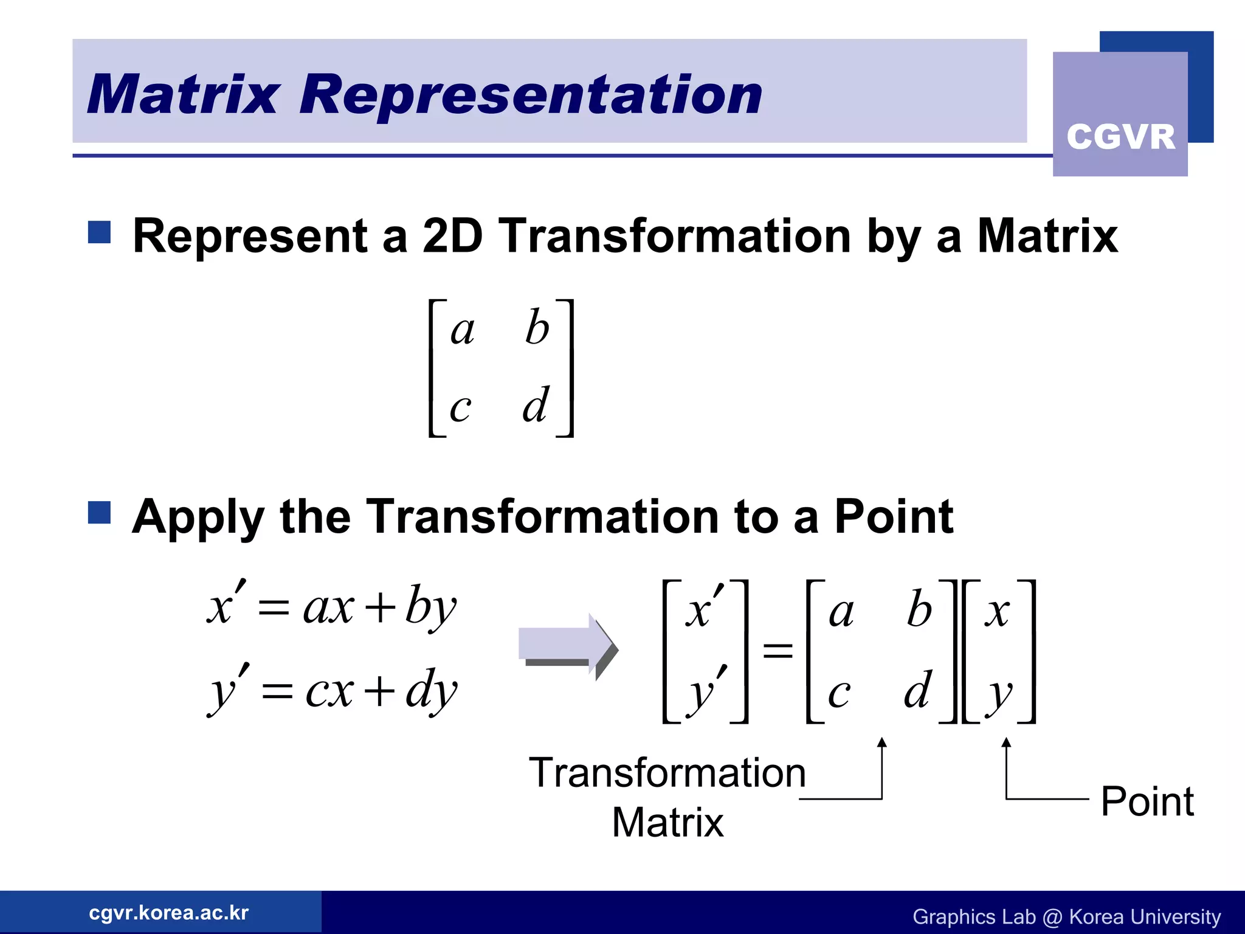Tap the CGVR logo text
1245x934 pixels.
(x=1120, y=136)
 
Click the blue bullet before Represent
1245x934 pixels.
(x=99, y=232)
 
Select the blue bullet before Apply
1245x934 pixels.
(x=99, y=512)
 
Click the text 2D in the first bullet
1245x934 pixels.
(x=452, y=236)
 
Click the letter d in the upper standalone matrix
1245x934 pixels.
(x=536, y=405)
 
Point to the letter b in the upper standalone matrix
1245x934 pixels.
(x=537, y=328)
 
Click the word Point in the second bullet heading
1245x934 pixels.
(x=893, y=516)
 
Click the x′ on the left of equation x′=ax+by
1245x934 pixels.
(x=225, y=605)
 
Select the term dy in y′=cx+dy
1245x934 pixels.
(x=430, y=690)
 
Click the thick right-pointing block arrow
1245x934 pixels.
(x=568, y=646)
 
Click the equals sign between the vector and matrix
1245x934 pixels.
(x=778, y=651)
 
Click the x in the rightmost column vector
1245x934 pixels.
(x=997, y=612)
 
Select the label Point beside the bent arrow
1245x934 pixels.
(x=1147, y=801)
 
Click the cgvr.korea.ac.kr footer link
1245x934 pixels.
(x=168, y=913)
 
